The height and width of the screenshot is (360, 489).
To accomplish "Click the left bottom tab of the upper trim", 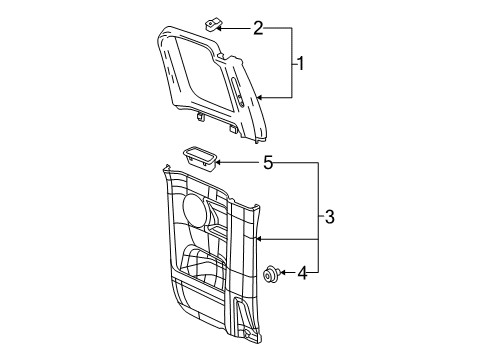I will point(202,117).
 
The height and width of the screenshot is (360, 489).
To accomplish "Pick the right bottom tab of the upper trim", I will point(232,128).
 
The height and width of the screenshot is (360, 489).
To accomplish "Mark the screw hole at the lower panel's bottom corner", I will point(245,332).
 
